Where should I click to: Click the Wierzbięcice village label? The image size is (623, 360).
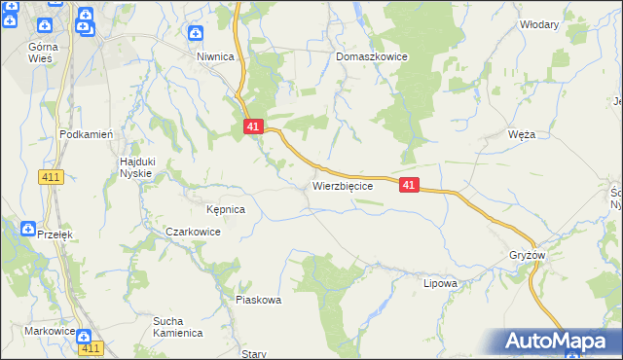342,185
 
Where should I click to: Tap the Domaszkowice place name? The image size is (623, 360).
371,57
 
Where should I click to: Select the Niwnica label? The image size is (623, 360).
215,57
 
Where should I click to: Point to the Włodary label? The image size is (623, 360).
539,24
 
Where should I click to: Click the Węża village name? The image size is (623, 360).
522,134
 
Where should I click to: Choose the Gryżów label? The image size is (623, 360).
527,255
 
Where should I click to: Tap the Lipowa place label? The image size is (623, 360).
440,284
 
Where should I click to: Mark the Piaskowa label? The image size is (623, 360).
258,300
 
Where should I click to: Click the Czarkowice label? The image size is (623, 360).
193,233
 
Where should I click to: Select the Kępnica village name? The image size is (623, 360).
225,209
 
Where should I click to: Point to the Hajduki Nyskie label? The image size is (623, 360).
136,166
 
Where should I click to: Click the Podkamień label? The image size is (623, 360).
88,135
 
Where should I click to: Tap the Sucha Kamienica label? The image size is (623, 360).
177,327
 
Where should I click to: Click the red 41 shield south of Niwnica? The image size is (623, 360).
253,126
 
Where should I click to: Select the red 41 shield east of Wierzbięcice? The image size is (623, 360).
409,185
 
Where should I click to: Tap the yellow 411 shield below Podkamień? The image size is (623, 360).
52,177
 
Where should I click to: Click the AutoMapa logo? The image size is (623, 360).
558,342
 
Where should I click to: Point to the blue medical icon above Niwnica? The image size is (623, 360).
196,34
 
